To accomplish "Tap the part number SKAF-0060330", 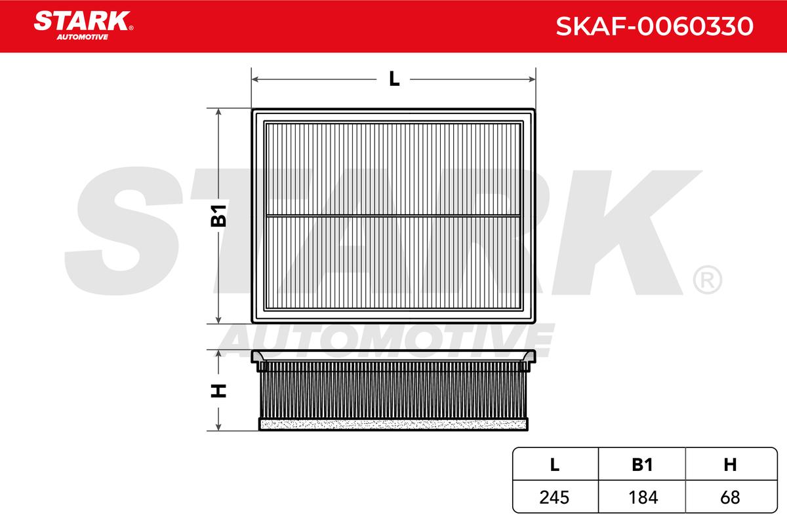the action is pos(655,26).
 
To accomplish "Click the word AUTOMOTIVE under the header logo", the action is pos(83,37).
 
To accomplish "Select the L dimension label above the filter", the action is pos(394,79).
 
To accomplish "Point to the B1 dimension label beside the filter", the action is pos(218,215).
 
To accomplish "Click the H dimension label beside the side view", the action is pos(218,390).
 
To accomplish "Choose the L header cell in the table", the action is pos(555,464).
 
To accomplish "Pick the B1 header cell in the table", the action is pos(642,464).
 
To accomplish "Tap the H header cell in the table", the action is pos(731,464).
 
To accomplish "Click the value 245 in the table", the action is pos(554,497).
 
